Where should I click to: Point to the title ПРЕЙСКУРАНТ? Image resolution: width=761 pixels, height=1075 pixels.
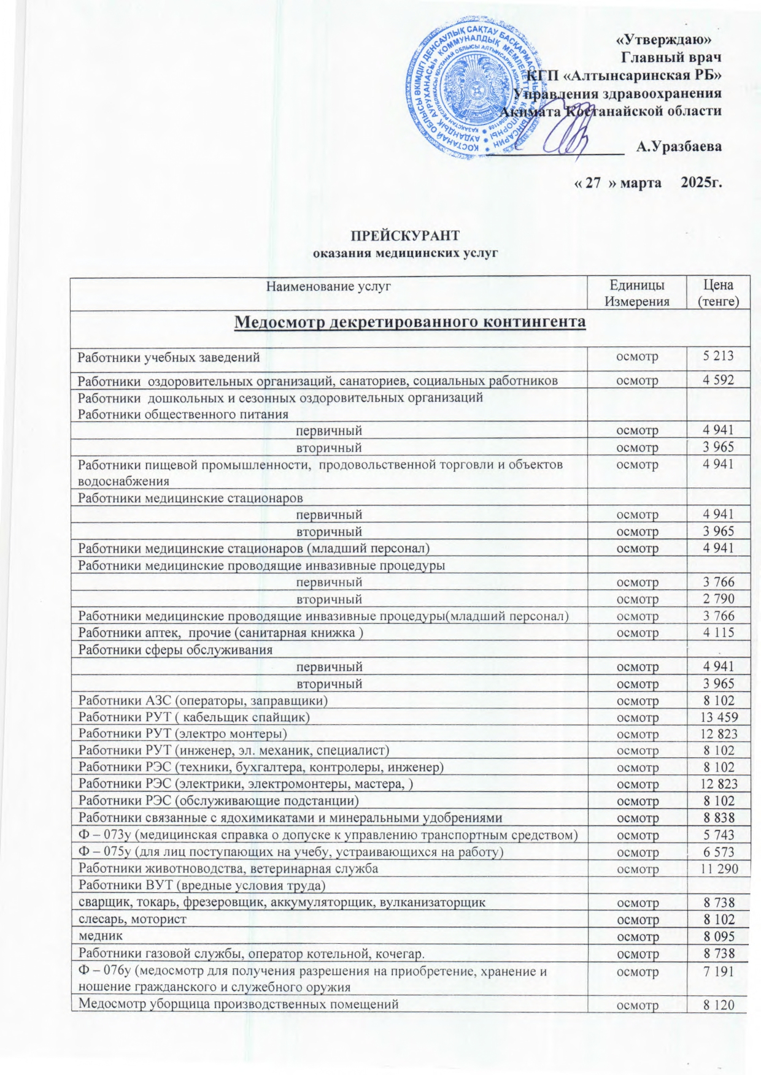click(x=404, y=237)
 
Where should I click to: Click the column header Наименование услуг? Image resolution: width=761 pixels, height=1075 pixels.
click(x=328, y=285)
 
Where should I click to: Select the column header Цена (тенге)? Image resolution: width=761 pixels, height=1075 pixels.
click(x=719, y=293)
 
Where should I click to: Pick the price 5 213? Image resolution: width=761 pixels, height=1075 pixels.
click(x=719, y=356)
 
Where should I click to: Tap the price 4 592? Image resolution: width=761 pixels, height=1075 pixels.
click(x=719, y=380)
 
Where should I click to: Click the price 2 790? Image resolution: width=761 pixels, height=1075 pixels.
click(x=719, y=599)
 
